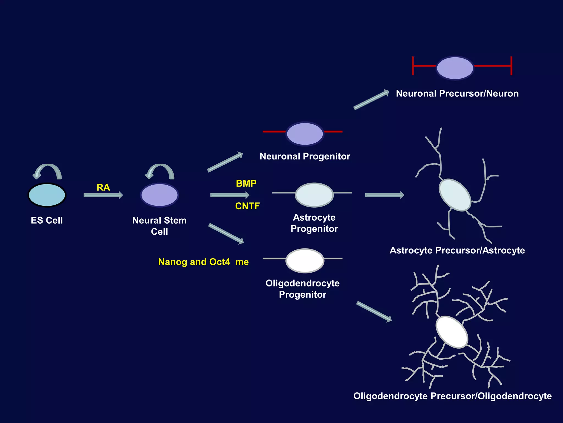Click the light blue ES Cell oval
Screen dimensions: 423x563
47,195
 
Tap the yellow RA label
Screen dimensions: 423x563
103,188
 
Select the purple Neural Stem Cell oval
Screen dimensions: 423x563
159,195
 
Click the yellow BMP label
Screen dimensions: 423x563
246,183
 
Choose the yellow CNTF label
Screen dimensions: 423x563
247,206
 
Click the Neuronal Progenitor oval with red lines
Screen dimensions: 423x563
305,134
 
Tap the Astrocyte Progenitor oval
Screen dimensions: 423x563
314,195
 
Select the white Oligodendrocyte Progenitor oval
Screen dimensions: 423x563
305,261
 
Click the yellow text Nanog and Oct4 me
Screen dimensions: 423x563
203,262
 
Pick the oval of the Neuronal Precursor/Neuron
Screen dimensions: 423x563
455,68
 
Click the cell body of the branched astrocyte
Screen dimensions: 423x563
455,195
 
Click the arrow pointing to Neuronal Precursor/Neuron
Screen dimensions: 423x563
371,100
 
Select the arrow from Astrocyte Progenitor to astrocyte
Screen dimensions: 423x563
384,195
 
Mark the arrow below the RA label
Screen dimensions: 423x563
103,195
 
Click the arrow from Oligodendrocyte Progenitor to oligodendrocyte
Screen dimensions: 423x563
374,311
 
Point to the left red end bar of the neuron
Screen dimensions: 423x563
413,66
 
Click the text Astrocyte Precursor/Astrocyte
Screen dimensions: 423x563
457,250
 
